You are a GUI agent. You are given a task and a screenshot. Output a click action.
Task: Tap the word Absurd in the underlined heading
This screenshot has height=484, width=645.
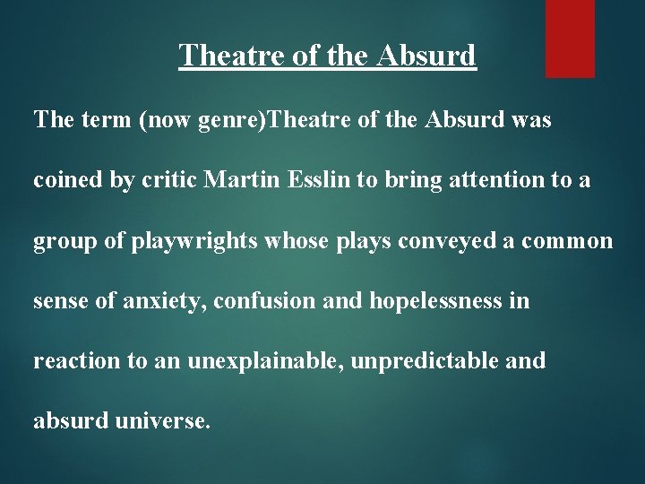click(428, 56)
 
